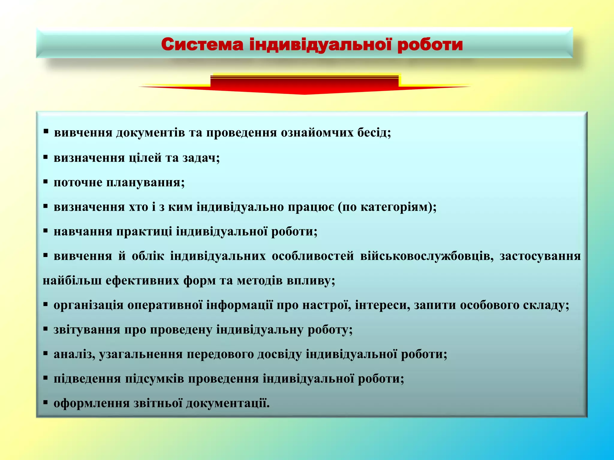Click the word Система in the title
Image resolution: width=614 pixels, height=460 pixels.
tap(202, 45)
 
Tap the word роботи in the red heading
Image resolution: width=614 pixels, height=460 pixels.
tap(430, 45)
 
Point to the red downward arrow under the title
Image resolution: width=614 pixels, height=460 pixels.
tap(304, 85)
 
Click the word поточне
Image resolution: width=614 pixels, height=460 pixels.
tap(78, 182)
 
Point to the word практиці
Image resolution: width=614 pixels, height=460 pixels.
tap(144, 232)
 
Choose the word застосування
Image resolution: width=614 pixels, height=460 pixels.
tap(540, 256)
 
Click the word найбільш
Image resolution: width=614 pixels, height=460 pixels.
tap(72, 281)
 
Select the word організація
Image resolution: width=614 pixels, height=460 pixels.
tap(88, 305)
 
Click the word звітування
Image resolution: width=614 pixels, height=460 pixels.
tap(87, 330)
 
